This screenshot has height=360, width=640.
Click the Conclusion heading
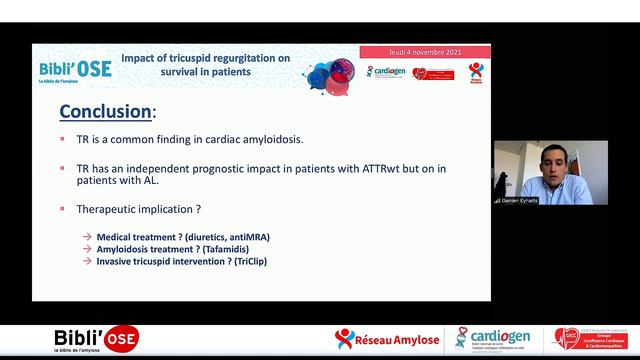[x=107, y=110]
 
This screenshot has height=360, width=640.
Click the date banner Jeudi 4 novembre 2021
[x=424, y=51]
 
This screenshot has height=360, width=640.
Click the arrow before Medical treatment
[x=88, y=237]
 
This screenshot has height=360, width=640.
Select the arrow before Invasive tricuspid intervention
[x=88, y=261]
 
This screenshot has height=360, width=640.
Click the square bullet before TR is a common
[x=65, y=140]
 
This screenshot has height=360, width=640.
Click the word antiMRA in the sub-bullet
[x=249, y=237]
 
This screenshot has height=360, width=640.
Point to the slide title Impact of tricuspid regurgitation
[x=205, y=65]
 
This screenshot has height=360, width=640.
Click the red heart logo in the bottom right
[x=567, y=339]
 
